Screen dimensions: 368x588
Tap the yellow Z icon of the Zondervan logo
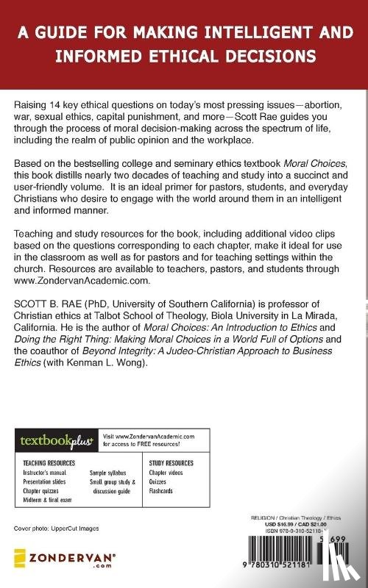[x=21, y=556]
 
